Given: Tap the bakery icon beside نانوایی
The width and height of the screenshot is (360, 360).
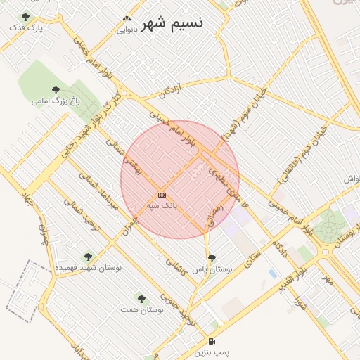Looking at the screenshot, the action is coord(127,19).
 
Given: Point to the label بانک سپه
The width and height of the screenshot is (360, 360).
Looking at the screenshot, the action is coord(162,205).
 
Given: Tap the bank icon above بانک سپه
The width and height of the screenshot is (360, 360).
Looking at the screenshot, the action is coord(162,195).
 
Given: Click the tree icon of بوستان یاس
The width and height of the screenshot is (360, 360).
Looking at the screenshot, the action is coord(212,258).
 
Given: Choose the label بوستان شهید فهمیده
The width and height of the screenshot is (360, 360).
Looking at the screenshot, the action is coord(87,269).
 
